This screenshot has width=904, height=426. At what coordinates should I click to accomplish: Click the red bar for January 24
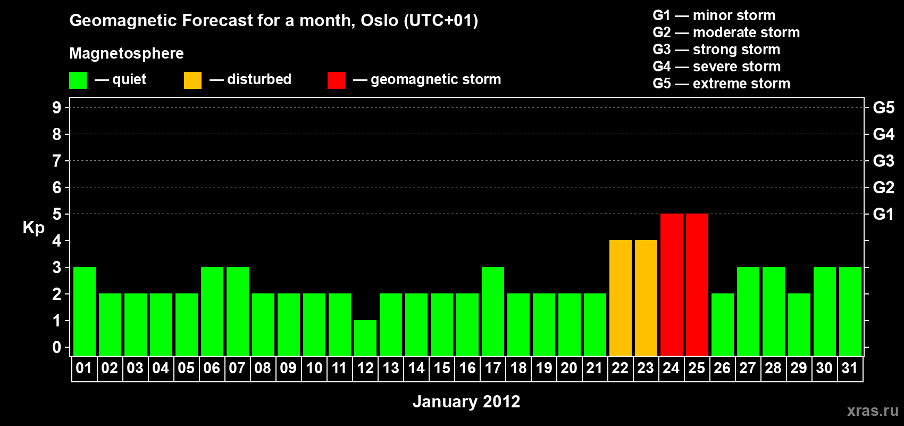[672, 284]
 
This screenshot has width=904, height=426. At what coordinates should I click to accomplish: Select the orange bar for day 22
[620, 298]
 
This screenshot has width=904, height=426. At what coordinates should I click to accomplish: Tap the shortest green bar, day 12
[365, 338]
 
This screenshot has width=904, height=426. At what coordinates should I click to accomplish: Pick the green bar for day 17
[493, 311]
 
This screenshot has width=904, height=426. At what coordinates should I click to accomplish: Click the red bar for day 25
[697, 284]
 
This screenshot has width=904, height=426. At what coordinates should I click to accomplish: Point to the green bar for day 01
[85, 311]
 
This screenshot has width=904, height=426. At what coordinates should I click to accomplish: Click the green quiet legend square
[78, 80]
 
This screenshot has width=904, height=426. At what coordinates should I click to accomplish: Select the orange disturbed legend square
[192, 80]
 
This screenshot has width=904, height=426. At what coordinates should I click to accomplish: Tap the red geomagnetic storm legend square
[336, 80]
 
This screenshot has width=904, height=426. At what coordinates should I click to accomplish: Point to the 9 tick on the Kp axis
[56, 108]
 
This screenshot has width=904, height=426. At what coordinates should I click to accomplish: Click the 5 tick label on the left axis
[56, 214]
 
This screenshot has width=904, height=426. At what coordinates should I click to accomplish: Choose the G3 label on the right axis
[883, 161]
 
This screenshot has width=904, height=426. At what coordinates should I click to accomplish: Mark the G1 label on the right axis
[883, 214]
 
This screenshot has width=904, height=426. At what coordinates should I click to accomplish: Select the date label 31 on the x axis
[850, 368]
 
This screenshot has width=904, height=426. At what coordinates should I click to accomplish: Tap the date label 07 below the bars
[237, 368]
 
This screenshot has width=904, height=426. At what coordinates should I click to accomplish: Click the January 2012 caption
[466, 402]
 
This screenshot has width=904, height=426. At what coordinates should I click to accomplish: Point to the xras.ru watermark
[873, 411]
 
